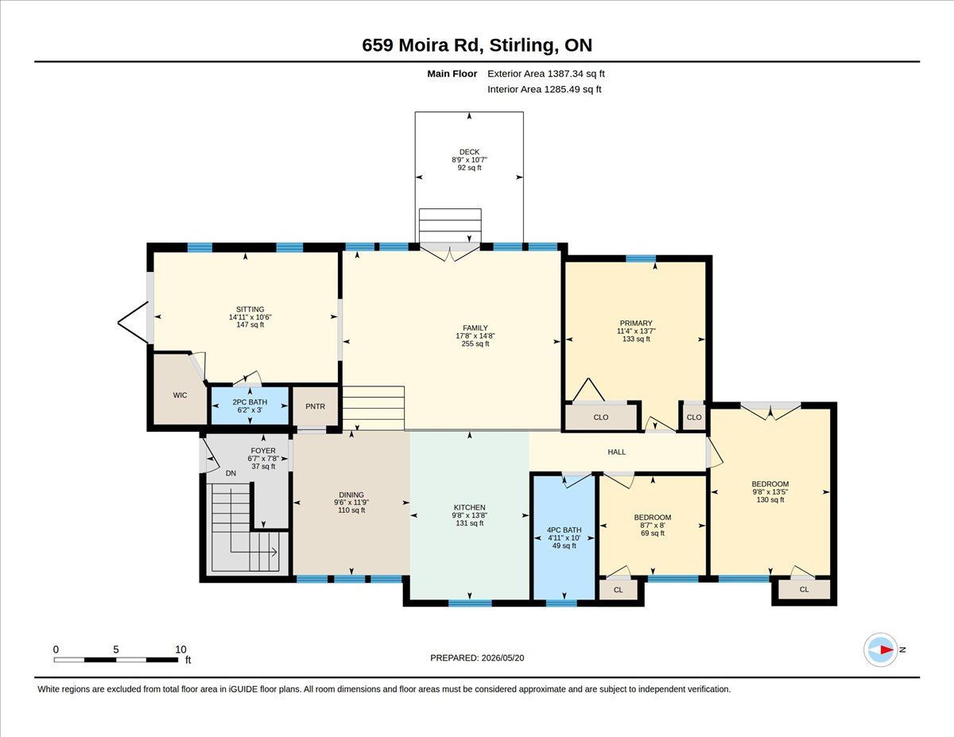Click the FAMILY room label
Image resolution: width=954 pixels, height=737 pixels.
point(475,328)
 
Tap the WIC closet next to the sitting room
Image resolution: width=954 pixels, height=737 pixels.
point(180,395)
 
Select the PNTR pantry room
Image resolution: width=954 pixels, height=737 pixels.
point(316,406)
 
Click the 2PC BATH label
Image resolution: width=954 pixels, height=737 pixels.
point(250,402)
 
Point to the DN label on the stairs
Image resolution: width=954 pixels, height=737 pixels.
point(231,473)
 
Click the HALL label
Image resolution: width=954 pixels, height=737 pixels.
point(617,452)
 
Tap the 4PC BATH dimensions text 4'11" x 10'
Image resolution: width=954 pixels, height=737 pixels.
point(564,537)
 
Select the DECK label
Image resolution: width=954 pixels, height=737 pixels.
point(469,152)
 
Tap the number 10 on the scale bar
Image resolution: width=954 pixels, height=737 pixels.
point(181,650)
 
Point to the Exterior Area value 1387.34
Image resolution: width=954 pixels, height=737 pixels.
point(564,74)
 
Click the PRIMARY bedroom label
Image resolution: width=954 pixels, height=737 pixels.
point(636,323)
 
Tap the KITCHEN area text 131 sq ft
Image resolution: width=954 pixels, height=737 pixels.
point(470,523)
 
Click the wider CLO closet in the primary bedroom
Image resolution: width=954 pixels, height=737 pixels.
point(600,417)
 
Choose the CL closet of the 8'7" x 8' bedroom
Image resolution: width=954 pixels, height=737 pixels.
point(619,589)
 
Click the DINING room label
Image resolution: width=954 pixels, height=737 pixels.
point(351,495)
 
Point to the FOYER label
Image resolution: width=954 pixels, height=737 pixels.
point(263,451)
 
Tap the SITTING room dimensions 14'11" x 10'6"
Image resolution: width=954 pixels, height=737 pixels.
point(250,317)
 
